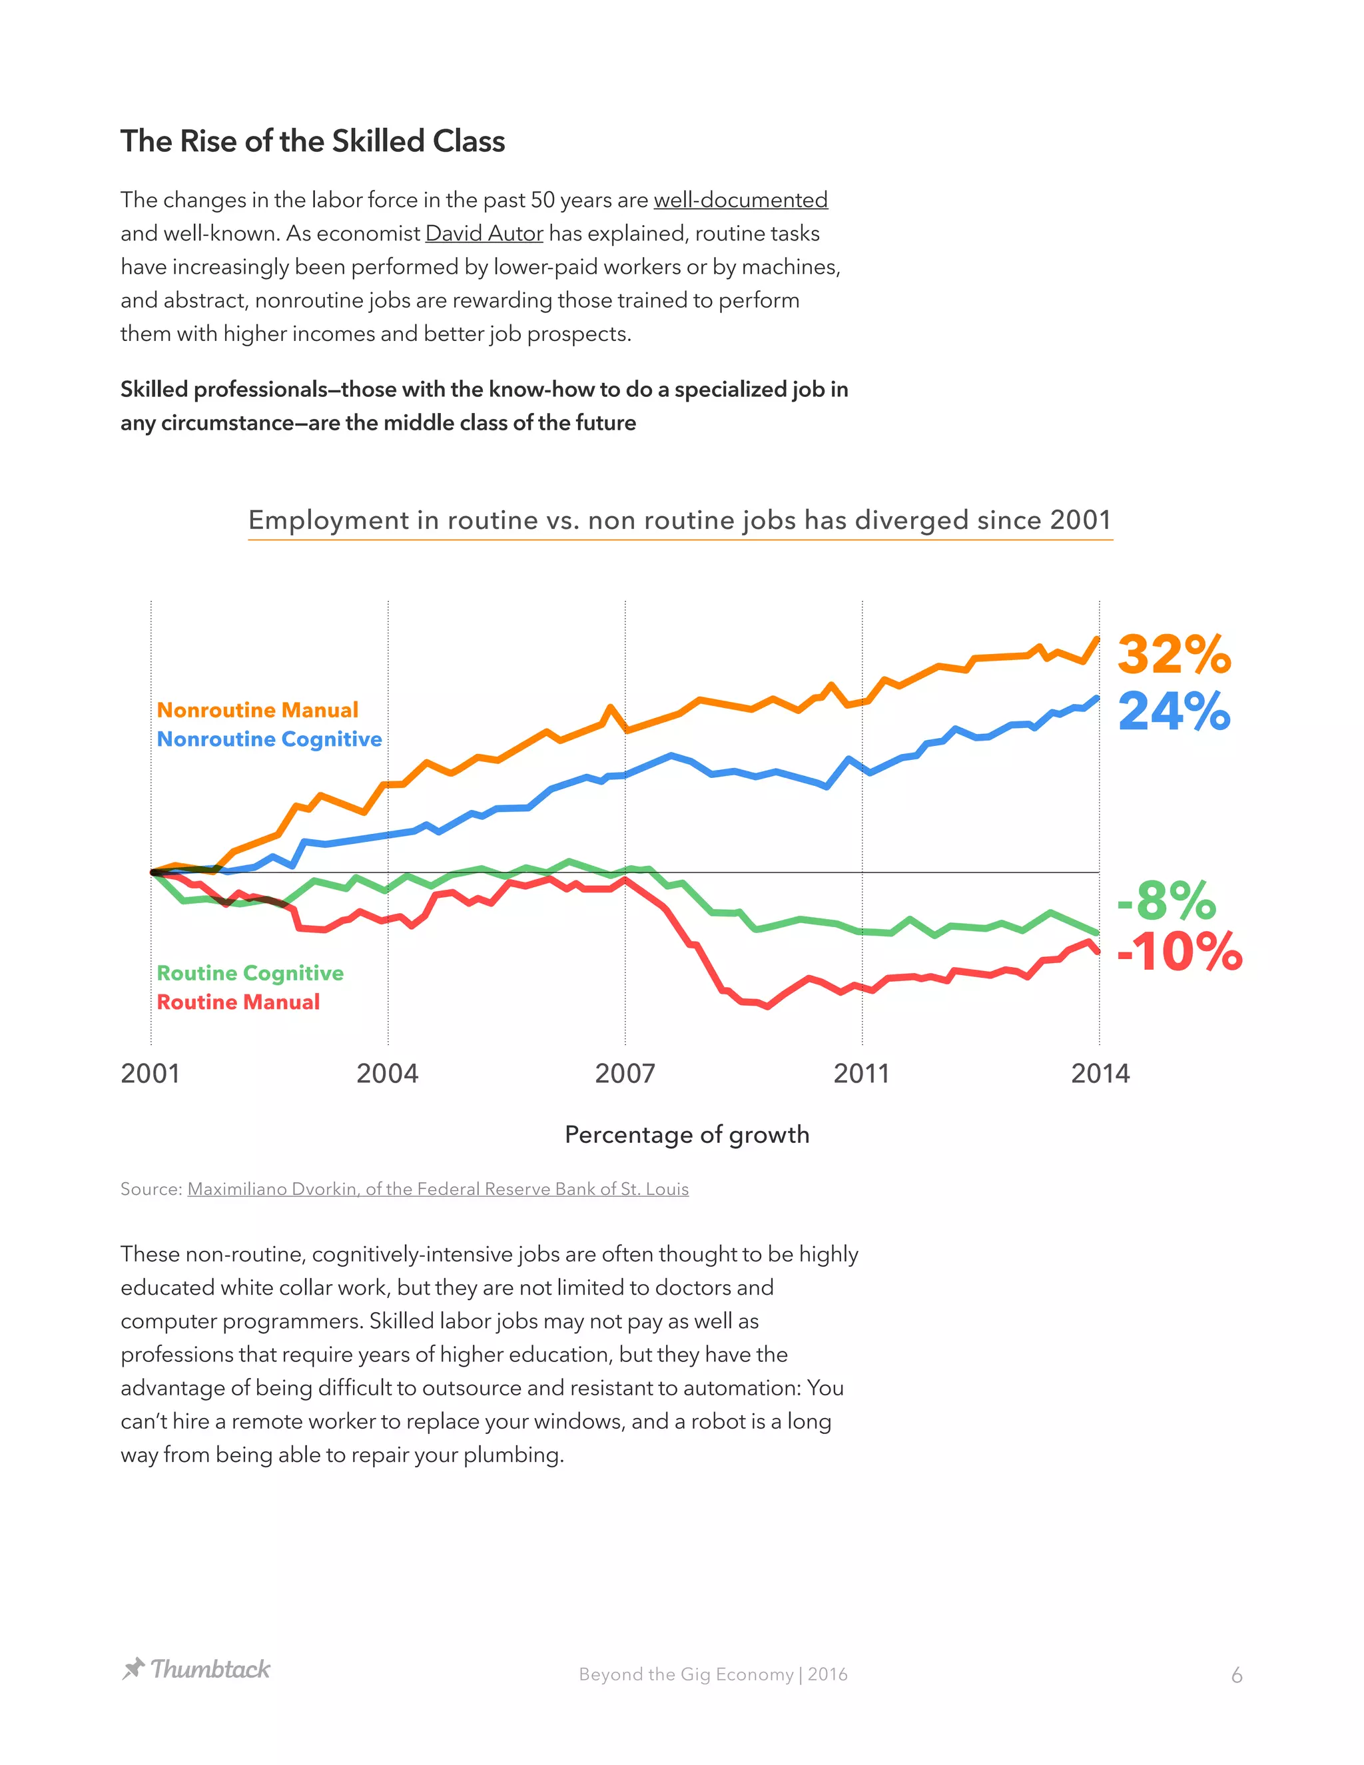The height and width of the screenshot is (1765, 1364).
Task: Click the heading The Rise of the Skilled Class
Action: (313, 141)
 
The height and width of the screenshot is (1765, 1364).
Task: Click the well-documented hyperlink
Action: (740, 200)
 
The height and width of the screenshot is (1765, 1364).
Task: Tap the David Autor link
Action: (484, 234)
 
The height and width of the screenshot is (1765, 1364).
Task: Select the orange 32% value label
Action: (1174, 654)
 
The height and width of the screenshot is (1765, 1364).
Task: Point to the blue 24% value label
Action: (1174, 711)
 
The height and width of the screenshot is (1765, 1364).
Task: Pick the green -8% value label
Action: (1167, 900)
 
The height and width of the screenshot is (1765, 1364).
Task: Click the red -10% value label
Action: (1180, 951)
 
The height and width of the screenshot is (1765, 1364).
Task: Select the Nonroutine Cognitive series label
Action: (269, 739)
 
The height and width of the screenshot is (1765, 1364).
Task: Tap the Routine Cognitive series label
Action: (250, 973)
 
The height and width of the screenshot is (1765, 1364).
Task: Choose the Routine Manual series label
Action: (238, 1002)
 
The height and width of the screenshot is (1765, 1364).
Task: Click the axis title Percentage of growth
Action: (687, 1135)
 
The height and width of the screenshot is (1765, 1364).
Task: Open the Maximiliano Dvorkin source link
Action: (438, 1189)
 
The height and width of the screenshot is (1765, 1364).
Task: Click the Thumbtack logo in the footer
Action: (196, 1669)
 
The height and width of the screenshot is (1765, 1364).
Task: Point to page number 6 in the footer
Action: (1236, 1675)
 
